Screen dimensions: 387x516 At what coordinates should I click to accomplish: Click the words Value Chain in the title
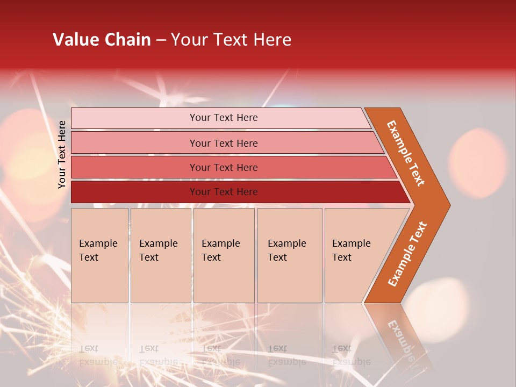coord(102,40)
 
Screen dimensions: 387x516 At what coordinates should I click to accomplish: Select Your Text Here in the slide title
coord(231,40)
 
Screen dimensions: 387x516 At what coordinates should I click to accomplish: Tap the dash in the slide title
coord(161,40)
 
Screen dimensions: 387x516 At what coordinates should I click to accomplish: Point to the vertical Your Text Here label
coord(62,154)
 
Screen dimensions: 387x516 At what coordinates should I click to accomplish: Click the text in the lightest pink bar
coord(224,118)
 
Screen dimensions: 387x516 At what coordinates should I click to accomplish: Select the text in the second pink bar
coord(224,143)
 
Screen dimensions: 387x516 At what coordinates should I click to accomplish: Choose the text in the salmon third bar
coord(224,167)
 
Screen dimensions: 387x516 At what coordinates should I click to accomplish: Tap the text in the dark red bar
coord(224,192)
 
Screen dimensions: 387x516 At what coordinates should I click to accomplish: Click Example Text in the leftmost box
coord(98,250)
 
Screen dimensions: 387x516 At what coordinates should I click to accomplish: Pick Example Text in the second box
coord(158,250)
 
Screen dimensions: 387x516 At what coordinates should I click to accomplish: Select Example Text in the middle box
coord(220,250)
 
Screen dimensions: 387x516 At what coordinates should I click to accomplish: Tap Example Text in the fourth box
coord(286,250)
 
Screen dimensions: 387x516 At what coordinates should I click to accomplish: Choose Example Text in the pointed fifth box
coord(351,250)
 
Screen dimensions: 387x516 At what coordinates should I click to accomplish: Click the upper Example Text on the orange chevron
coord(406,153)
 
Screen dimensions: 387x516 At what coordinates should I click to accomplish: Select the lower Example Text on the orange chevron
coord(407,254)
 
